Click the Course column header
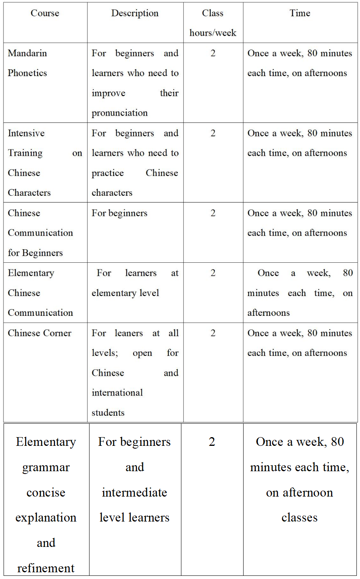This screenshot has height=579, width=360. pos(45,13)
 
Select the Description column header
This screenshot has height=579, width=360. pos(135,13)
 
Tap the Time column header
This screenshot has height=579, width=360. pos(300,13)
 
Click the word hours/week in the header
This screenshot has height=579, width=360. pos(213,33)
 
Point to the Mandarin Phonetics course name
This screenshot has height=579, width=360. pos(27,63)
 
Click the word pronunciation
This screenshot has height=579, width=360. pos(120,113)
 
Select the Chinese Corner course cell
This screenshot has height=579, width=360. pos(40,333)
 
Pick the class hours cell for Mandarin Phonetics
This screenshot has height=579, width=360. pos(213,53)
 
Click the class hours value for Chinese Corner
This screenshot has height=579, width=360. pos(213,333)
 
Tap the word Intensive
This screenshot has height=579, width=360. pos(26,133)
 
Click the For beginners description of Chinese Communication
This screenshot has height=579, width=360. pos(120,213)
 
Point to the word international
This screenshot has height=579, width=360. pos(117,393)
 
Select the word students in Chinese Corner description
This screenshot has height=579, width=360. pos(108,413)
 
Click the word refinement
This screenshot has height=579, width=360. pos(46,568)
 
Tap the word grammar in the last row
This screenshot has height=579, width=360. pos(46,467)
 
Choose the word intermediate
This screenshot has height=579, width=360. pos(134,492)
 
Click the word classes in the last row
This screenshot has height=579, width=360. pos(299,518)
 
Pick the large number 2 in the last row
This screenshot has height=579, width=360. pos(212,441)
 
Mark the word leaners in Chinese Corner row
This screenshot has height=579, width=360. pos(129,333)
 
